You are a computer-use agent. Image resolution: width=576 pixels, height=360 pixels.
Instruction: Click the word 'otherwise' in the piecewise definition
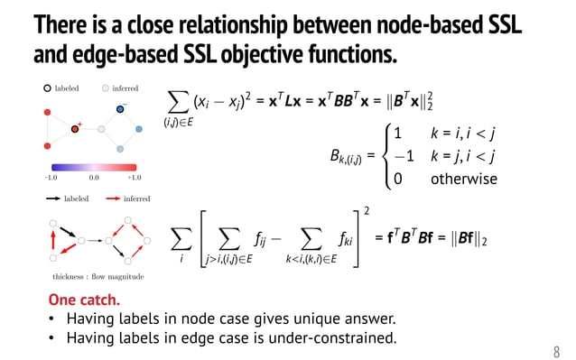pyautogui.click(x=464, y=179)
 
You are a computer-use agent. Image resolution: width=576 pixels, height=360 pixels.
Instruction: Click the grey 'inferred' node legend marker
pyautogui.click(x=105, y=88)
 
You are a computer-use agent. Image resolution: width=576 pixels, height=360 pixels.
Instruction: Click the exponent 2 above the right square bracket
pyautogui.click(x=367, y=210)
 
